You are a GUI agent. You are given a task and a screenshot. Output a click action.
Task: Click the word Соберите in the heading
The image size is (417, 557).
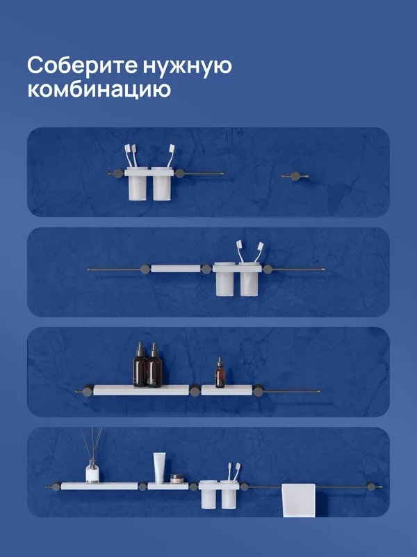[82, 65]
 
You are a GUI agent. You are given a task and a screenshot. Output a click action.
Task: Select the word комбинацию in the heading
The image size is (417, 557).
[99, 90]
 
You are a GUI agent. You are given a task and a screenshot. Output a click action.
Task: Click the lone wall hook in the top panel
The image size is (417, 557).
[295, 176]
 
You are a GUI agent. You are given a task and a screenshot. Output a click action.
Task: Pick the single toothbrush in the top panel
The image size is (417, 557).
[171, 155]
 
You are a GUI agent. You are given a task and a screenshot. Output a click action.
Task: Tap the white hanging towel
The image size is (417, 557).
[299, 500]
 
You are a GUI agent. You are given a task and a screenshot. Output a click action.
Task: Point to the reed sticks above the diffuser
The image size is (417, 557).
[92, 444]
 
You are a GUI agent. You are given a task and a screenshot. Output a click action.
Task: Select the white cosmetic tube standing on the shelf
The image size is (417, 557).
[160, 468]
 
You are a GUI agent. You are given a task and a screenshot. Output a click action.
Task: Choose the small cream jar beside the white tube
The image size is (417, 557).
[177, 479]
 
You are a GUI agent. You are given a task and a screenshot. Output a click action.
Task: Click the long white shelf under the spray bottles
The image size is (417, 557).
[141, 390]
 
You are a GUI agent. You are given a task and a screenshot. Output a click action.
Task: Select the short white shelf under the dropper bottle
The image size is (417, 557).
[227, 390]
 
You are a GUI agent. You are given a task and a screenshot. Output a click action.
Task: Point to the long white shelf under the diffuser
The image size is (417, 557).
[99, 486]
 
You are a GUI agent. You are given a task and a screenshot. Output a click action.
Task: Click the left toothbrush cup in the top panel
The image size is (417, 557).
[138, 184]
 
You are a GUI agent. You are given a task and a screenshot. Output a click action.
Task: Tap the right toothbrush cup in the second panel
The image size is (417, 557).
[250, 280]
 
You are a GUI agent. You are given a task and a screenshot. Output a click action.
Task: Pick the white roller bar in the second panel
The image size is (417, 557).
[176, 269]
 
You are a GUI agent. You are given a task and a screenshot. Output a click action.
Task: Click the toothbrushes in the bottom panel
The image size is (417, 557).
[234, 471]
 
